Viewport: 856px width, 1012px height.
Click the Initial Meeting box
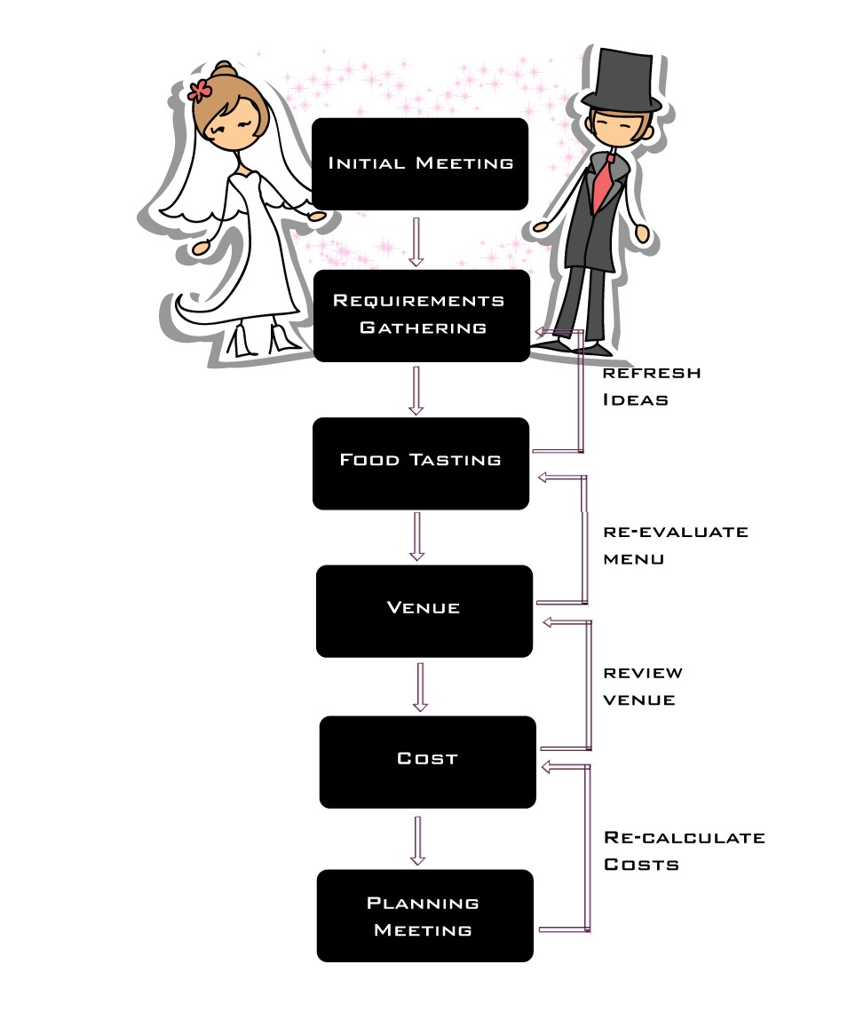pyautogui.click(x=420, y=164)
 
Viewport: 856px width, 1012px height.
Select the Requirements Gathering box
pyautogui.click(x=422, y=315)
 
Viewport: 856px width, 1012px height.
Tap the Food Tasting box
pyautogui.click(x=421, y=462)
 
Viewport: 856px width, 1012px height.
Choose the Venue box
pyautogui.click(x=424, y=610)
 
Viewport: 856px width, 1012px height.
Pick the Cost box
pyautogui.click(x=427, y=761)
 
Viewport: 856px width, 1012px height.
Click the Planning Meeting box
pyautogui.click(x=424, y=916)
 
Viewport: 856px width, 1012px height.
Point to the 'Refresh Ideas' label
pyautogui.click(x=651, y=386)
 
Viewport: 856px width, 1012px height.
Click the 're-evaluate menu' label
pyautogui.click(x=675, y=545)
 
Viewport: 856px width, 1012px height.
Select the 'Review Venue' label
pyautogui.click(x=643, y=686)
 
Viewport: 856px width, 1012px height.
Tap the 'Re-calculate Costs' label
pyautogui.click(x=684, y=850)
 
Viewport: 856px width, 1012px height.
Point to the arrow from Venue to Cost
pyautogui.click(x=420, y=686)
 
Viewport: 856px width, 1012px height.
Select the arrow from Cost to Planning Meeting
pyautogui.click(x=418, y=839)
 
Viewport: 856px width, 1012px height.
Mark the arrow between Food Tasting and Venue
pyautogui.click(x=417, y=536)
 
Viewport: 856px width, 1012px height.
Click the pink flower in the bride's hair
pyautogui.click(x=200, y=90)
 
